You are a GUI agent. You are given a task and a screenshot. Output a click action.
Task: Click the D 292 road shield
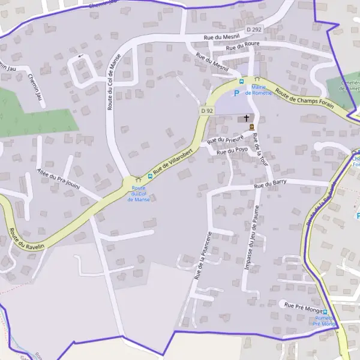(254, 28)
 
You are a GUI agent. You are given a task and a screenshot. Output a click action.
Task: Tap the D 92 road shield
(207, 111)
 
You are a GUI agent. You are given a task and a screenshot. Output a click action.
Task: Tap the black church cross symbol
(246, 118)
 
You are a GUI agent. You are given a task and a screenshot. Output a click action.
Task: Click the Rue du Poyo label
(232, 151)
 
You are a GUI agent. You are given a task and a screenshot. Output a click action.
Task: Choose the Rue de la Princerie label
(204, 256)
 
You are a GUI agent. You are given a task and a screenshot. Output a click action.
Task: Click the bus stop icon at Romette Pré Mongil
(325, 312)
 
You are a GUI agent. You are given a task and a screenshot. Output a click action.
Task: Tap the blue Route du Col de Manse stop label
(139, 193)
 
